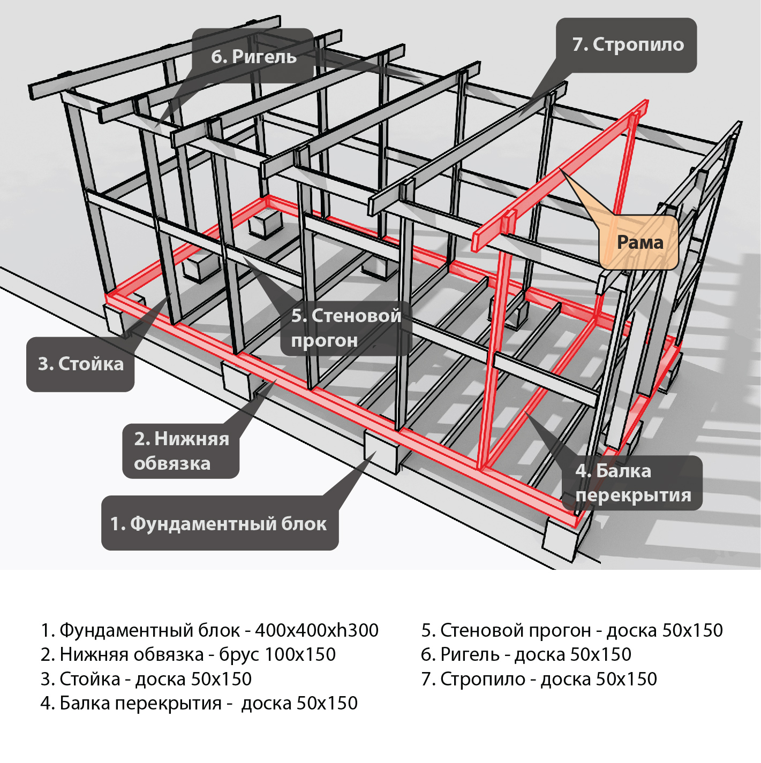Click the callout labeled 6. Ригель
253,56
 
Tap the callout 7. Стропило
627,45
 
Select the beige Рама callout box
639,242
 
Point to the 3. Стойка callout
80,364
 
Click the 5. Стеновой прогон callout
345,328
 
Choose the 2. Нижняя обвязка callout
181,451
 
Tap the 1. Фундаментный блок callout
220,523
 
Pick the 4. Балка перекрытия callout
632,483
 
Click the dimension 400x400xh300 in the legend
317,630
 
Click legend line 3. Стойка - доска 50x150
146,679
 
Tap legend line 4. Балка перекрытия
199,703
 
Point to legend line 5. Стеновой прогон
571,630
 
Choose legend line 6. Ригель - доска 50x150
526,654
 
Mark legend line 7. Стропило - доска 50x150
539,679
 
